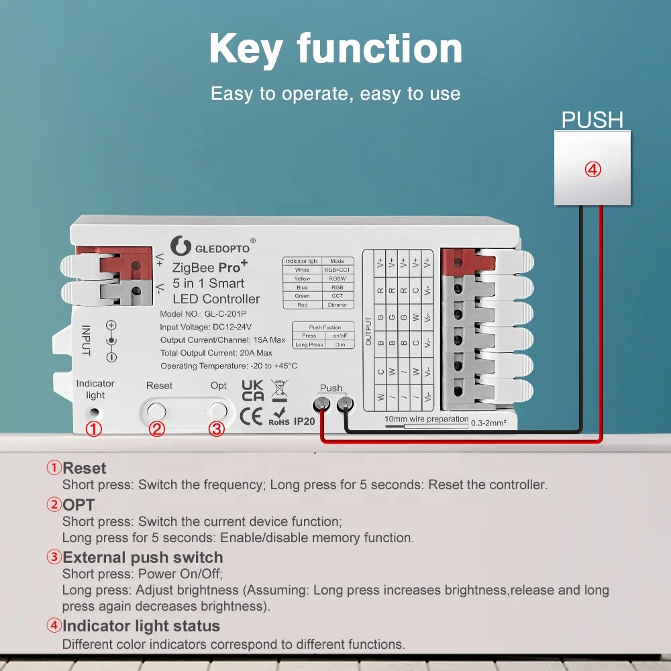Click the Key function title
tap(335, 48)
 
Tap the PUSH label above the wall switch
tap(592, 120)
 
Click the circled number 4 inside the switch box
tap(592, 169)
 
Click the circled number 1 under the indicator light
tap(95, 429)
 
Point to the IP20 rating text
tap(304, 421)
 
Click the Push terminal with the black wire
tap(345, 404)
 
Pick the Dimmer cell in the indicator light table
tap(338, 305)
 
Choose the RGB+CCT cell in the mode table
tap(338, 270)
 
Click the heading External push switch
tap(142, 558)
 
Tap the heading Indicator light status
tap(141, 626)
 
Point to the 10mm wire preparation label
tap(426, 419)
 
